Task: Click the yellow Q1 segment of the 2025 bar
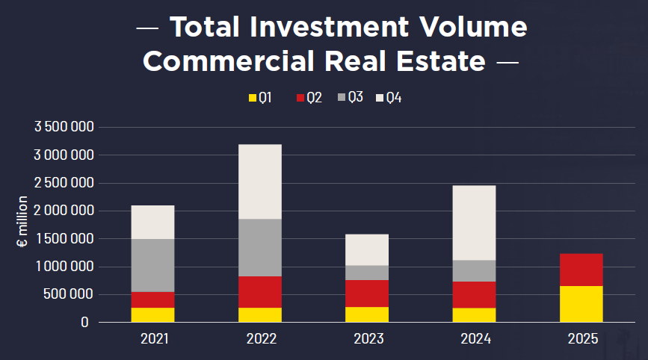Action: [x=581, y=304]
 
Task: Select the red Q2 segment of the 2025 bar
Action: [x=581, y=270]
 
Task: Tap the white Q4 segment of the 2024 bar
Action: [x=474, y=223]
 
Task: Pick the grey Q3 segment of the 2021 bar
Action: [x=152, y=265]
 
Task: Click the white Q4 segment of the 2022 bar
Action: [x=260, y=181]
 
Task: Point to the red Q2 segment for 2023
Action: [x=367, y=294]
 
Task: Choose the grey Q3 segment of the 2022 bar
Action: [x=260, y=247]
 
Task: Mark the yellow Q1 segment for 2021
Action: [x=152, y=314]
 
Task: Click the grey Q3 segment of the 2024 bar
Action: [x=474, y=270]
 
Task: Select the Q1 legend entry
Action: [x=259, y=98]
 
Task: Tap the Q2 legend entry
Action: [x=309, y=98]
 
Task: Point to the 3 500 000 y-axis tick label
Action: [x=64, y=127]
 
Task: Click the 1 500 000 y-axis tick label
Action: [x=64, y=239]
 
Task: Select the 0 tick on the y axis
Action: [x=87, y=323]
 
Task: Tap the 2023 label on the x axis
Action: [x=368, y=339]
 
